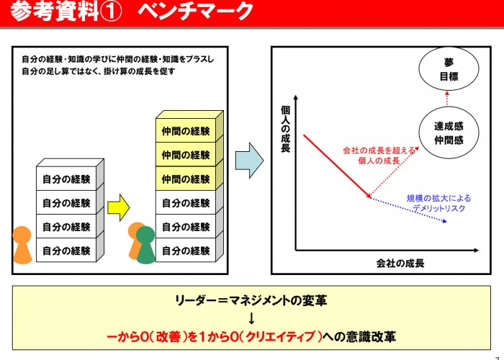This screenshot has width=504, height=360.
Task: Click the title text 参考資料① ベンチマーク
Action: point(132,12)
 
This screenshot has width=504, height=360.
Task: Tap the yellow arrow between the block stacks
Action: point(119,207)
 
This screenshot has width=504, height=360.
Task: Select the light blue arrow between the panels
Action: point(249,161)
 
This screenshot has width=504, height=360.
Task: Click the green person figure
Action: point(146,245)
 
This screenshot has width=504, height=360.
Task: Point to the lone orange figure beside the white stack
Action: point(22,245)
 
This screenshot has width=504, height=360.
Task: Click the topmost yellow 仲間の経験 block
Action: point(186,131)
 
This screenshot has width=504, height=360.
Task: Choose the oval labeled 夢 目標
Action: point(449,69)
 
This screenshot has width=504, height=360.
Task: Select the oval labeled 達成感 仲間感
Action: point(449,132)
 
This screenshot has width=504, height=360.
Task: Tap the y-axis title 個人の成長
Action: point(285,129)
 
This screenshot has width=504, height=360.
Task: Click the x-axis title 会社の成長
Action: point(400,264)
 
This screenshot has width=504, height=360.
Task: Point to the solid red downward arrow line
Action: point(338,166)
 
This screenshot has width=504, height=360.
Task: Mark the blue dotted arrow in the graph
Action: point(409,210)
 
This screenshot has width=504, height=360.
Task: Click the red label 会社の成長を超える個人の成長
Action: point(379,156)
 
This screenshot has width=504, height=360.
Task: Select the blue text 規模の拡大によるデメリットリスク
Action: point(438,203)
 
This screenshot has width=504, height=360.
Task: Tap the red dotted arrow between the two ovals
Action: point(447,99)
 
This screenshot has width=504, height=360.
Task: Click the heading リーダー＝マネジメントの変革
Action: point(251,301)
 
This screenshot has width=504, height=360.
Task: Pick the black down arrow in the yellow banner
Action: point(252,318)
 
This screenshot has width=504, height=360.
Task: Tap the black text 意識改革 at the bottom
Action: point(371,336)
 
